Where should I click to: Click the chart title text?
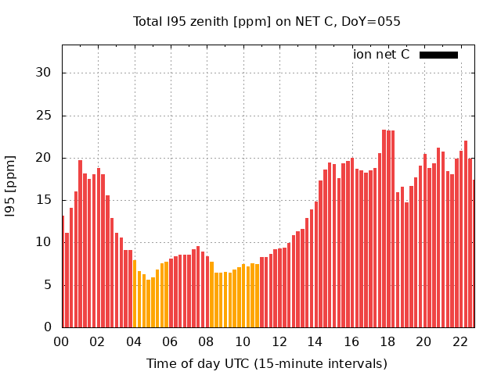(267, 22)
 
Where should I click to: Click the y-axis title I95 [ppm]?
(11, 186)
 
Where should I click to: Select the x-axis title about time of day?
(267, 364)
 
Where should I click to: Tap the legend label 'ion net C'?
(381, 55)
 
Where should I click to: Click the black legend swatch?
(438, 55)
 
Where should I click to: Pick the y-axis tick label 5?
(48, 285)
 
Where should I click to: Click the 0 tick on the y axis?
(48, 327)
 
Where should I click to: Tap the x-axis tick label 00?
(61, 342)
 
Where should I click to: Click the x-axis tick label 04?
(134, 342)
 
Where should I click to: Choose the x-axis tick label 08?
(206, 342)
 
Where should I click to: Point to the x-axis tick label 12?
(279, 342)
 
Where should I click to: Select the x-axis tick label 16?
(351, 342)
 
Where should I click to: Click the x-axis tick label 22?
(460, 342)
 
